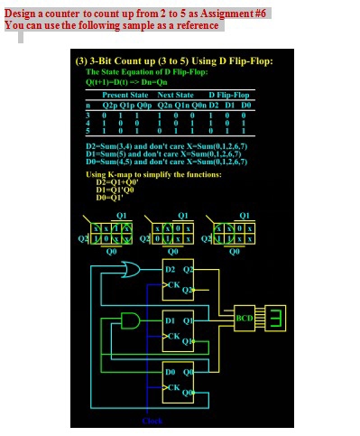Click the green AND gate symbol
132,321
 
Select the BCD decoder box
245,318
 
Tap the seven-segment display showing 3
276,317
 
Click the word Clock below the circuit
152,421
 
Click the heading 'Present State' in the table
125,94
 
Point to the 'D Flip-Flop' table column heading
229,94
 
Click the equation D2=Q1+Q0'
116,181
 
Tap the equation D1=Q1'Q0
115,189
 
